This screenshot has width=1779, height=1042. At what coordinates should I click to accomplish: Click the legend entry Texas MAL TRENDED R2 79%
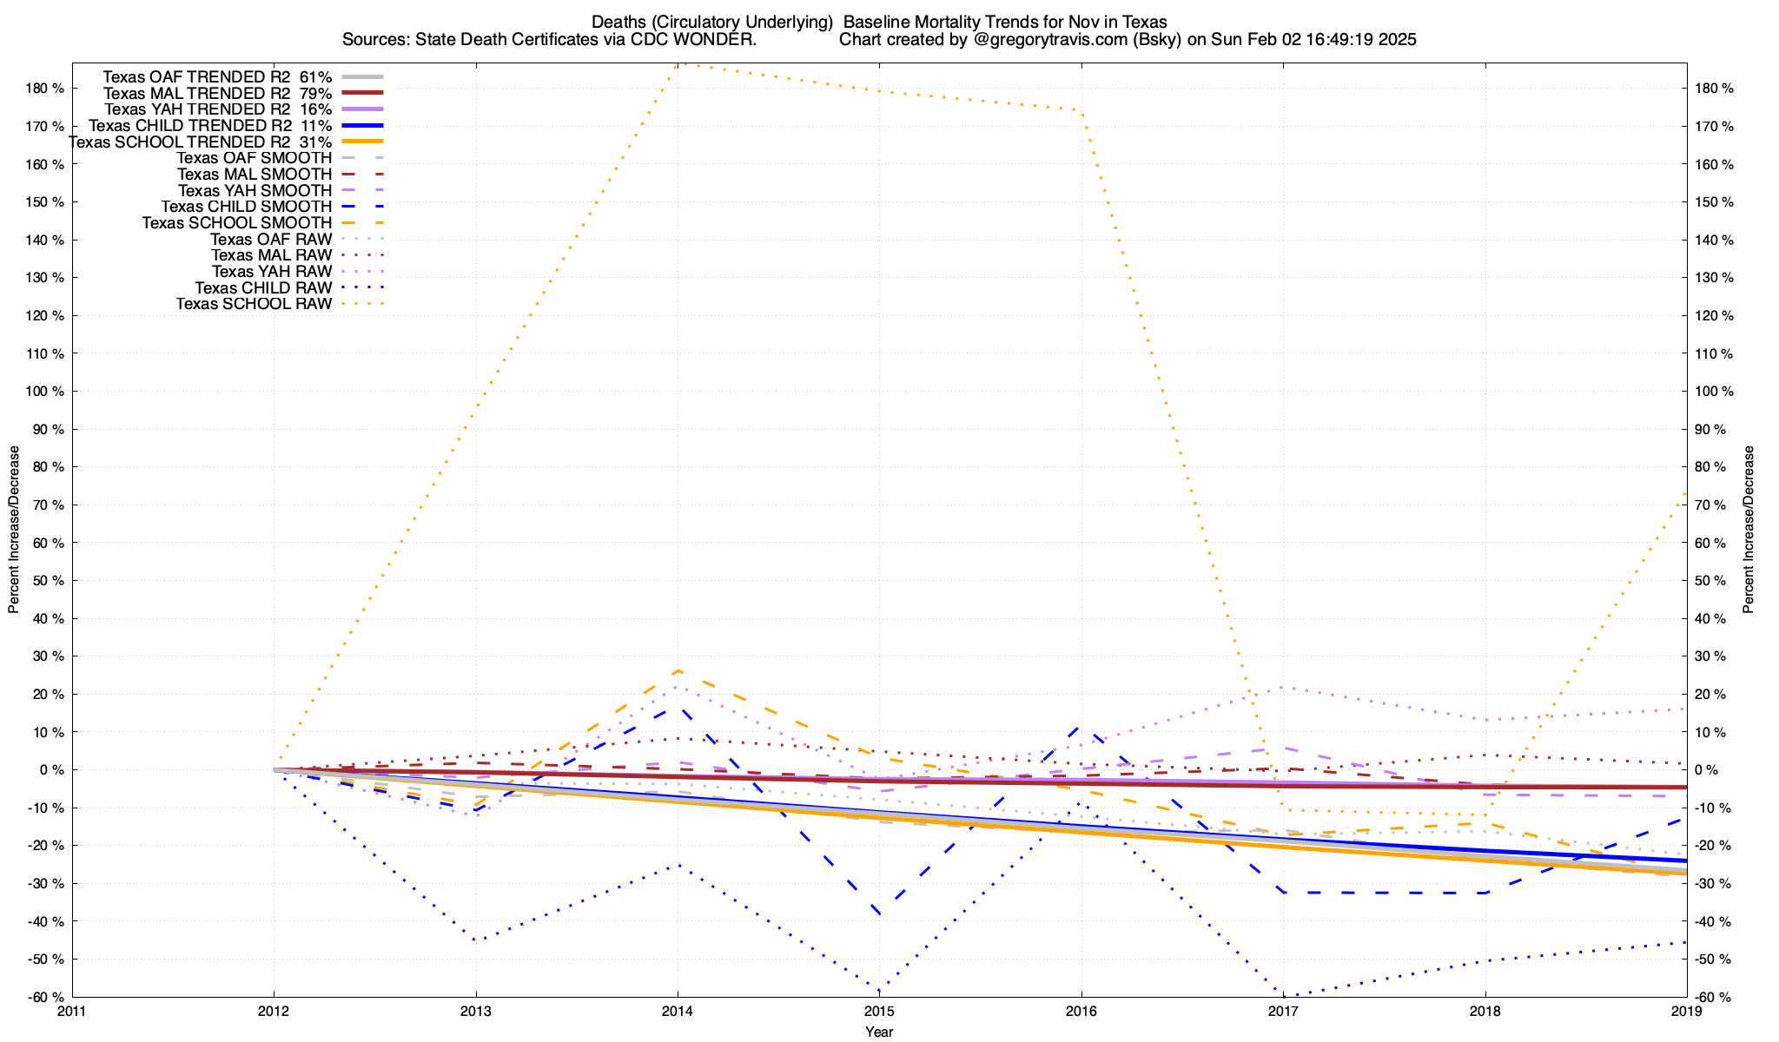217,93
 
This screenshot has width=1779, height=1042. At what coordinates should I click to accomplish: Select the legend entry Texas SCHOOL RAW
254,304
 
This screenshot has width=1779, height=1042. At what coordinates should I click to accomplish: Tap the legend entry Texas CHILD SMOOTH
247,207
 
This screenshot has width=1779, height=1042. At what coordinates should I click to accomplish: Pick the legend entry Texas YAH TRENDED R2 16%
217,109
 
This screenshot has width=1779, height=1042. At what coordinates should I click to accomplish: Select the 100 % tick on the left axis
46,392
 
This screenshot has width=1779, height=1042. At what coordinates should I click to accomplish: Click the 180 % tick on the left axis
46,89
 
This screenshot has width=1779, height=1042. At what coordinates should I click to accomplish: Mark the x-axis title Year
879,1032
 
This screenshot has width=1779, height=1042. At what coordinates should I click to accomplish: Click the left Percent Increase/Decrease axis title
14,530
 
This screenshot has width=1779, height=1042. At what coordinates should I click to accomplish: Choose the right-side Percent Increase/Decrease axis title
1749,530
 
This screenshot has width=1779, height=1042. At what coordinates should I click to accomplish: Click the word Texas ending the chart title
1146,22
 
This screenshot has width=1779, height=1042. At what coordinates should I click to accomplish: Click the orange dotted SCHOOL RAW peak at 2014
679,63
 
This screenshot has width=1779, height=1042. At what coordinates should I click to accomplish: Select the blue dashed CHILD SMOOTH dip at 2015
879,913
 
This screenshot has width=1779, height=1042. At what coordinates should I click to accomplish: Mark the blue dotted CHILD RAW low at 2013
475,940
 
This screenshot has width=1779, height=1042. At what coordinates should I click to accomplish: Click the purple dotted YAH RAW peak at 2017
1283,687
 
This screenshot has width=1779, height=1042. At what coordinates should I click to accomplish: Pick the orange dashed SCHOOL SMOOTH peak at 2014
678,670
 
